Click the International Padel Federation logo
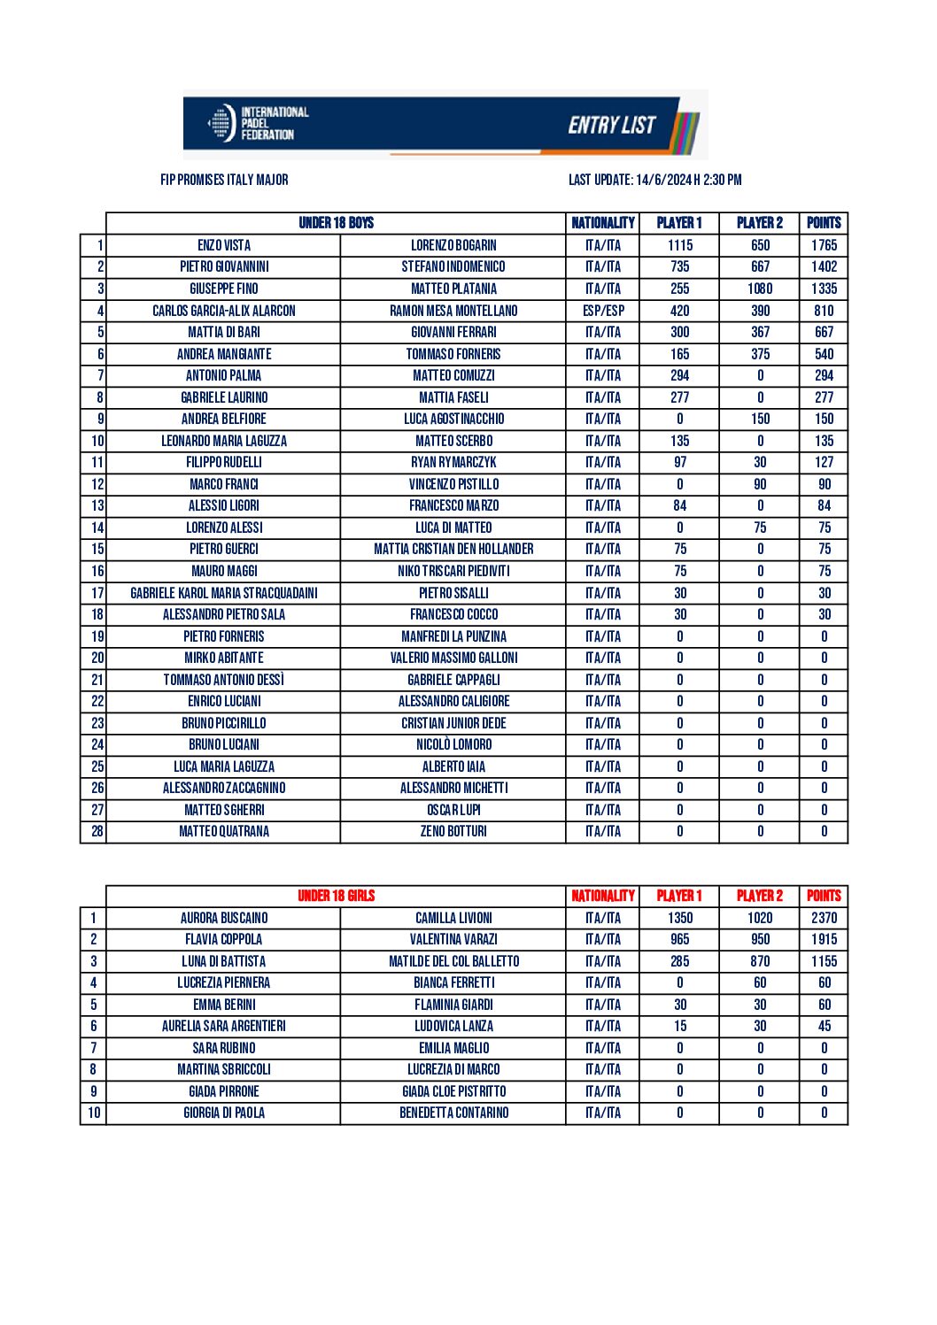point(258,124)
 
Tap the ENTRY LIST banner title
point(612,125)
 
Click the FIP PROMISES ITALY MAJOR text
point(224,180)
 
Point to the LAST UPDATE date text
point(654,180)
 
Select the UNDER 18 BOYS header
point(336,223)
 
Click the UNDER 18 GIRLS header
point(336,896)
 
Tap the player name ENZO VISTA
point(224,245)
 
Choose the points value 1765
point(824,245)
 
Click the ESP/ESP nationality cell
point(603,311)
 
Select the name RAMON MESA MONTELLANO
point(453,311)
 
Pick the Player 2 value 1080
point(760,289)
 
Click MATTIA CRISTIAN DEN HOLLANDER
point(453,549)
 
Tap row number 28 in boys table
point(97,831)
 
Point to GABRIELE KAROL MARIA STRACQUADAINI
point(224,593)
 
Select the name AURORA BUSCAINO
point(224,918)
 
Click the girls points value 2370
point(824,918)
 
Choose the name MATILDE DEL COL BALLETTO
point(453,961)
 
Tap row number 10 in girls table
point(94,1113)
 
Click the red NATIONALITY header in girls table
point(603,896)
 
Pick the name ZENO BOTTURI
point(453,831)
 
